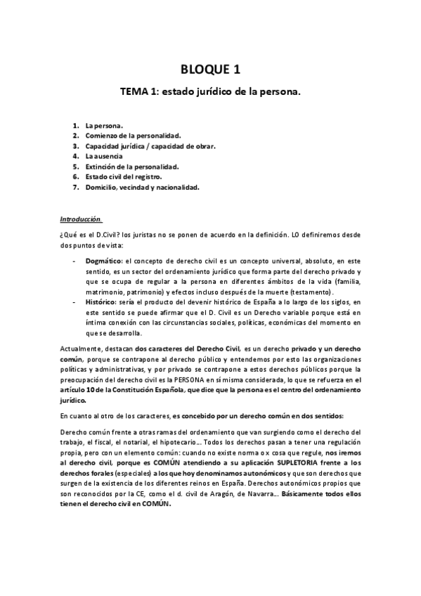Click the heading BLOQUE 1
210,69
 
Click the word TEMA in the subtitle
136,91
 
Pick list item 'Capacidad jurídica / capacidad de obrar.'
150,146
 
